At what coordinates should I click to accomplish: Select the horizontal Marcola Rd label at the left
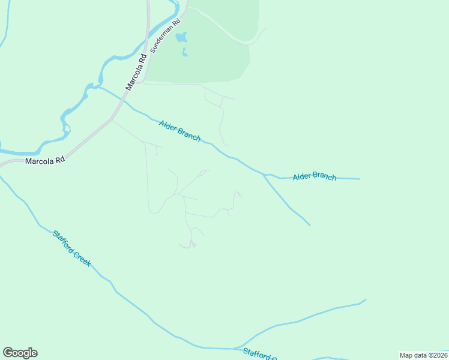click(x=44, y=161)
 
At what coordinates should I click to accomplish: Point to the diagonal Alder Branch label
click(x=179, y=131)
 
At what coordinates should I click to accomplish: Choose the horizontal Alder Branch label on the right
click(x=315, y=176)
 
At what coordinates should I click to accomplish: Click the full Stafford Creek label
click(x=71, y=248)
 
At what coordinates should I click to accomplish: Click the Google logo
click(x=20, y=353)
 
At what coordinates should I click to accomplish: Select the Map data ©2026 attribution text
click(x=424, y=355)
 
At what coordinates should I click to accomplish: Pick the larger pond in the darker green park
click(x=181, y=38)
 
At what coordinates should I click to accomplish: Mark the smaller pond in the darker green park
click(x=184, y=53)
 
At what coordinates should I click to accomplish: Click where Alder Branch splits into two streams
click(x=264, y=175)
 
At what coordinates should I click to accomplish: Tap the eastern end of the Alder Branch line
click(x=359, y=179)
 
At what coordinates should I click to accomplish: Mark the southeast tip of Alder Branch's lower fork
click(x=310, y=226)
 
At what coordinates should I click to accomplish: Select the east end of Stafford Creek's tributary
click(x=365, y=299)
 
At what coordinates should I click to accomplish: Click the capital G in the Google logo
click(x=8, y=353)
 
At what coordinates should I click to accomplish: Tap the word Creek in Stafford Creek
click(x=81, y=257)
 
